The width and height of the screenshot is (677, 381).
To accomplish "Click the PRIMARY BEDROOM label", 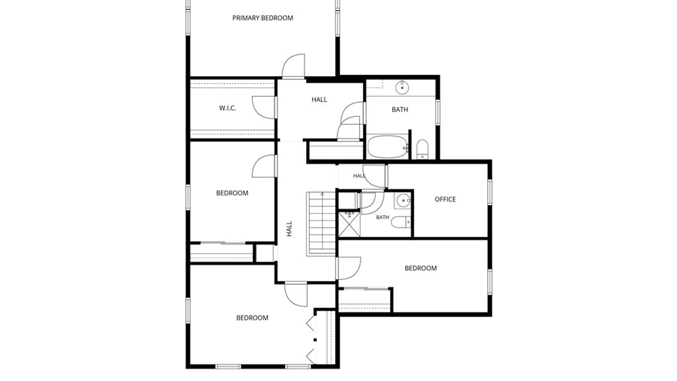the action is click(263, 18).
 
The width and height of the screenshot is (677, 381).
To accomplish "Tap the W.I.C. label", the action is click(227, 108).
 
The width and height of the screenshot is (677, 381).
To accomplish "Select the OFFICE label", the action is click(445, 199).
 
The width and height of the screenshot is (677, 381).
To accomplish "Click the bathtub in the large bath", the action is click(388, 147).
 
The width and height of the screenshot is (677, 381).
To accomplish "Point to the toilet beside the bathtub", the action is click(422, 149).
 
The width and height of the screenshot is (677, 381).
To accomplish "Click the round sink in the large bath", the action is click(402, 87).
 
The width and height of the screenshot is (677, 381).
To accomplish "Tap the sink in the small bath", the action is click(403, 201).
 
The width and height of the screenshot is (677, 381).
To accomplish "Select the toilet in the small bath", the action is click(401, 222).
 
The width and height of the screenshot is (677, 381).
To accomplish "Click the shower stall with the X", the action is click(349, 224).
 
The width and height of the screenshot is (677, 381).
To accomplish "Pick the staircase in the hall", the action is click(321, 223).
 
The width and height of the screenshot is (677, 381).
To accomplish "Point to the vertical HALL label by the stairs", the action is click(289, 229).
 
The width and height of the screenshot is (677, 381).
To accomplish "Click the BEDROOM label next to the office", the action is click(421, 268).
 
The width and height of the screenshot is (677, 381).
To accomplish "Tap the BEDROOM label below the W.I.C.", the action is click(232, 193).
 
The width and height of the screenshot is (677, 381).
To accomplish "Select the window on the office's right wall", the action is click(490, 192).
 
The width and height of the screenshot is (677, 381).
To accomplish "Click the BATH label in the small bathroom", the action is click(383, 217).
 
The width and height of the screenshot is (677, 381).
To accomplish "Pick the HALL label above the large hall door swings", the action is click(319, 100).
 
